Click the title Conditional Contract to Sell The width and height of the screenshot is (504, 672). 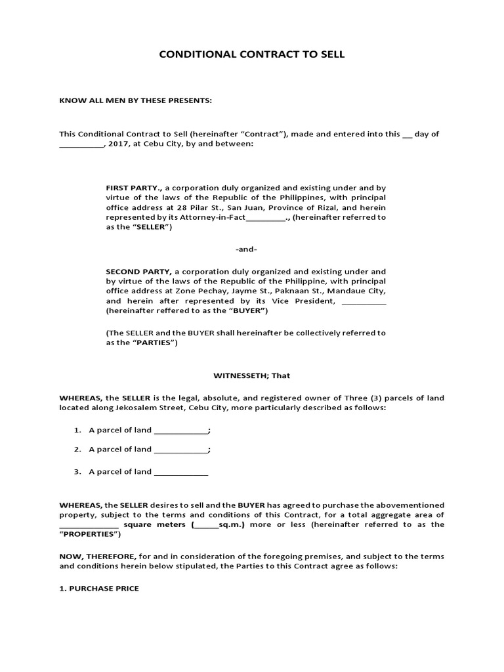252,54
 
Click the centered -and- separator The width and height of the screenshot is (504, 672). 246,249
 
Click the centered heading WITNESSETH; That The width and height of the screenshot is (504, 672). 252,375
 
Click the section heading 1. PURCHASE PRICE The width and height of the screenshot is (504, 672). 99,589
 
